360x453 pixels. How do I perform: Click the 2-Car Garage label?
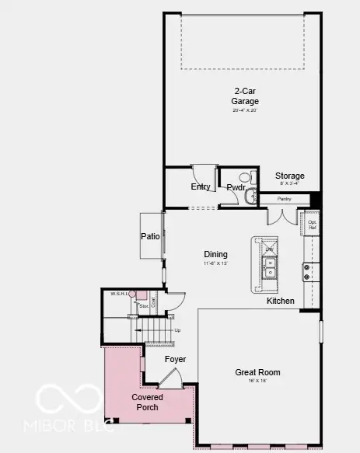click(x=245, y=95)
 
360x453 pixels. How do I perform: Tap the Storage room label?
click(x=290, y=176)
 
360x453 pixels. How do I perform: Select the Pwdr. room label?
click(x=236, y=187)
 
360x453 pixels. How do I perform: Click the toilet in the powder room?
click(x=250, y=197)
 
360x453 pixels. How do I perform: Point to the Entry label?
click(x=200, y=186)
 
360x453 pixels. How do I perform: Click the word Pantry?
click(x=285, y=199)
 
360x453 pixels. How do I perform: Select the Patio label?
click(x=150, y=237)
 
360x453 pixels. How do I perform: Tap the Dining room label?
click(x=215, y=254)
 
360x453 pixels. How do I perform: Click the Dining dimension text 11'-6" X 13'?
click(x=215, y=264)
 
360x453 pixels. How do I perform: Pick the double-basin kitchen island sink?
click(x=271, y=269)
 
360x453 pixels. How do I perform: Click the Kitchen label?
click(x=281, y=301)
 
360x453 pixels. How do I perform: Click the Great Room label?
click(x=257, y=372)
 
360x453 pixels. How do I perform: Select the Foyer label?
click(x=175, y=359)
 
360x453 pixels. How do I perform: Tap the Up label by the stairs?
click(x=177, y=330)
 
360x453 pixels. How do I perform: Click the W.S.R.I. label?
click(x=118, y=294)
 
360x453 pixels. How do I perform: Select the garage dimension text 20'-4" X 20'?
click(x=245, y=110)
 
